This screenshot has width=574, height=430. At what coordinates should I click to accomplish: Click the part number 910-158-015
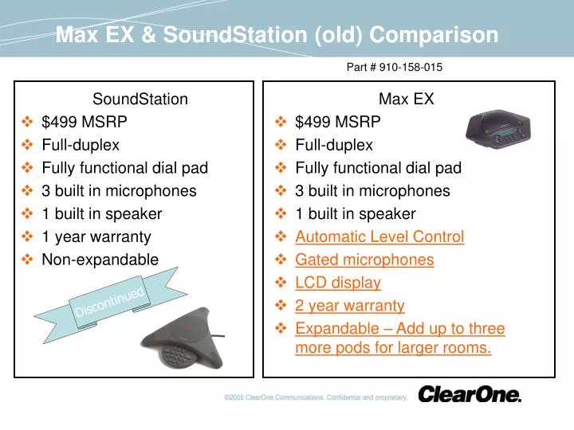411,67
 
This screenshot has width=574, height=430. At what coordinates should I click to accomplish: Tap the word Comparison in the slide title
434,36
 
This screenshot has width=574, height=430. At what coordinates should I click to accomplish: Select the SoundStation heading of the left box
140,99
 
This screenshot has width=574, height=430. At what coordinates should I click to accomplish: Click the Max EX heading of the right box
407,99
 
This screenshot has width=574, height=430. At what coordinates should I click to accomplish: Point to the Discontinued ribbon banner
110,303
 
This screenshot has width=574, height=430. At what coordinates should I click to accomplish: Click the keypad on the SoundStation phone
178,354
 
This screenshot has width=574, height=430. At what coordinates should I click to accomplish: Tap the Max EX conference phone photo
498,129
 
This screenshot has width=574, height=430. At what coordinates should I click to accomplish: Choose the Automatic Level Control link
379,236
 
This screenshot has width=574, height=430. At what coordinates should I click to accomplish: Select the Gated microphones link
364,260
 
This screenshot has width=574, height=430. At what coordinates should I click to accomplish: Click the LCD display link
338,283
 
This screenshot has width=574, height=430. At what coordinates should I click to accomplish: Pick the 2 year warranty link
350,306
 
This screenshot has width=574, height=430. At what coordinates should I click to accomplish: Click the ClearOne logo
470,394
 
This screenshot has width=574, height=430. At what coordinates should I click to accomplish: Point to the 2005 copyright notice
316,397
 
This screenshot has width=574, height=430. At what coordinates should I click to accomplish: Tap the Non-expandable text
100,260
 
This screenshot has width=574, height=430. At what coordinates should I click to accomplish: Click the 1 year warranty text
96,237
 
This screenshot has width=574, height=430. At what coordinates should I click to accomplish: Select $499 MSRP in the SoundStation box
85,122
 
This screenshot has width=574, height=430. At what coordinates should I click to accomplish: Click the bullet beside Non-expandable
27,260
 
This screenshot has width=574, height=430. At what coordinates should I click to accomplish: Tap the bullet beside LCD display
281,282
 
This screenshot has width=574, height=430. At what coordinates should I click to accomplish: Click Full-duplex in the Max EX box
334,145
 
